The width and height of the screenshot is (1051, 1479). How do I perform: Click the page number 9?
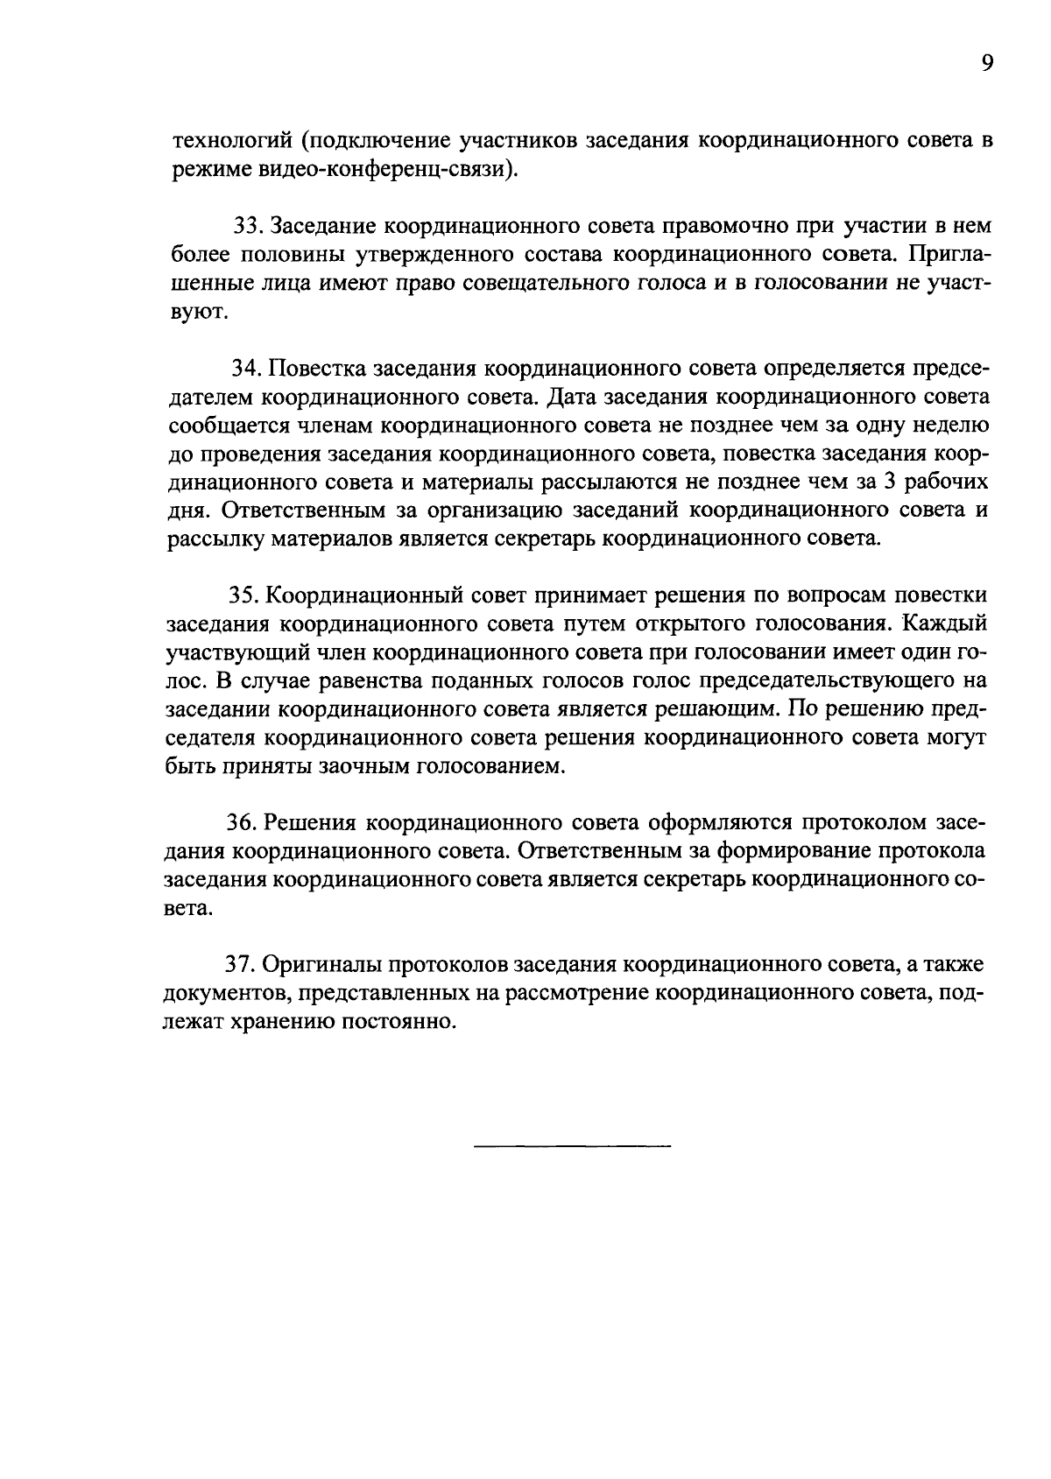point(986,64)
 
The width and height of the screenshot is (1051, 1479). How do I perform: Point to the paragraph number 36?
point(243,823)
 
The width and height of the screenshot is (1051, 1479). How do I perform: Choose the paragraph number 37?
point(241,965)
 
